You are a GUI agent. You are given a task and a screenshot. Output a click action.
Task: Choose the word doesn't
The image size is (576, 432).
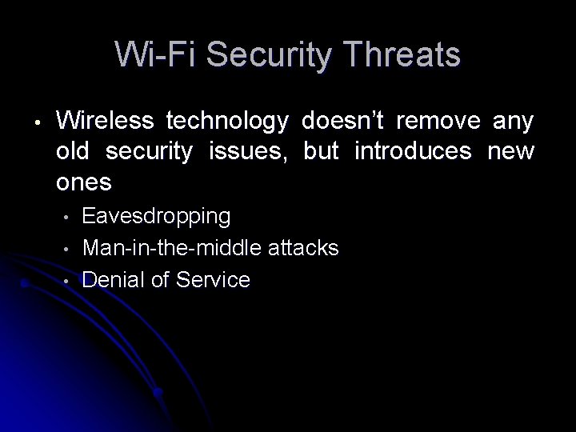tap(343, 121)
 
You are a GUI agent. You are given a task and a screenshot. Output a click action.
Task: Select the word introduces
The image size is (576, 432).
tap(413, 152)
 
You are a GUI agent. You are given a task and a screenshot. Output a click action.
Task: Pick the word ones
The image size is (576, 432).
tap(84, 183)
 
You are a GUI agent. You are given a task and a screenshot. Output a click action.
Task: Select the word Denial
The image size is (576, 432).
tap(111, 279)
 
